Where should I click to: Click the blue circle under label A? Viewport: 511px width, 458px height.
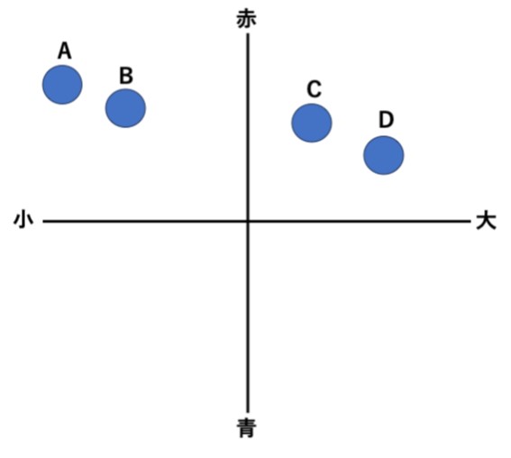click(x=62, y=85)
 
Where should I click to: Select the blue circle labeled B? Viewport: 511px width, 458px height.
click(x=125, y=108)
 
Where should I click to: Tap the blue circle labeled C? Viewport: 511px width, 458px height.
click(x=312, y=123)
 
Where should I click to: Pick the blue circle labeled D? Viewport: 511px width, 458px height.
click(x=384, y=155)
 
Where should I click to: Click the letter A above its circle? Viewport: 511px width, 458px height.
click(x=65, y=50)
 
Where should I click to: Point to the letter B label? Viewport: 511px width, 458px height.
click(x=126, y=76)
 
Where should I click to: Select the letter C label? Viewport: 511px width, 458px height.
click(x=315, y=89)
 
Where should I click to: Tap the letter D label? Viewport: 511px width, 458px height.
click(x=387, y=120)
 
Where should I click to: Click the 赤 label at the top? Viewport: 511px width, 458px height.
click(x=246, y=20)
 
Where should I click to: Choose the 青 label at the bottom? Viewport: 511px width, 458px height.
click(x=246, y=428)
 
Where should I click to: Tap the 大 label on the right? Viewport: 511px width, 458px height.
click(x=487, y=222)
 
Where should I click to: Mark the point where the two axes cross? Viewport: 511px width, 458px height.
click(x=248, y=222)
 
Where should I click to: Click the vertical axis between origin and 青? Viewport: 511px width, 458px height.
click(x=248, y=316)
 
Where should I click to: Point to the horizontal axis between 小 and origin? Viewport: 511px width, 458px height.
click(x=145, y=222)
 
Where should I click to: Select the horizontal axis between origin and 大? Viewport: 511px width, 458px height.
click(x=360, y=222)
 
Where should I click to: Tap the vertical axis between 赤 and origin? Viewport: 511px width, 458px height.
click(x=248, y=127)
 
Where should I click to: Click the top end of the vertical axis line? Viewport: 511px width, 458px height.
click(x=248, y=34)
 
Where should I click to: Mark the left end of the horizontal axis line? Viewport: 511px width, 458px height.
click(x=43, y=222)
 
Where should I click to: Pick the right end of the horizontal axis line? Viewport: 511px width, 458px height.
click(x=471, y=222)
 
